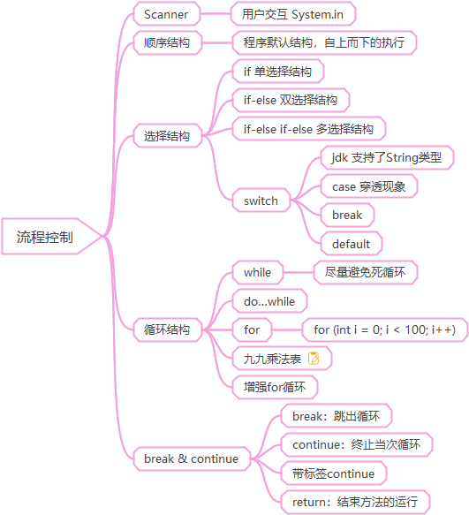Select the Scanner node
click(167, 14)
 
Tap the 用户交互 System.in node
click(293, 14)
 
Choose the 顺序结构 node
click(167, 42)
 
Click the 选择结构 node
click(167, 136)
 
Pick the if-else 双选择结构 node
click(291, 100)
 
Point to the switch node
click(261, 200)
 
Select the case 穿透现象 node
click(369, 186)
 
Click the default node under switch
click(352, 244)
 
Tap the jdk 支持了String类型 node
click(387, 157)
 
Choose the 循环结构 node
click(167, 329)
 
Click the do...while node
click(269, 301)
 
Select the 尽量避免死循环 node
click(365, 272)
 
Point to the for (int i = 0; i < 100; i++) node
click(384, 329)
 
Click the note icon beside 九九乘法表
click(314, 359)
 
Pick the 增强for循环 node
click(275, 387)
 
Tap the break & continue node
click(192, 458)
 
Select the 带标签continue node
click(334, 473)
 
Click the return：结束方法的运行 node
click(355, 502)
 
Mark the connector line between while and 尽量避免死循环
click(299, 272)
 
